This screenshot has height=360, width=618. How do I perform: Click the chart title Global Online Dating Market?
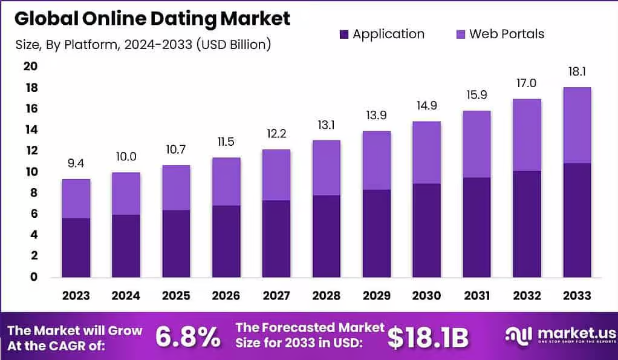click(152, 18)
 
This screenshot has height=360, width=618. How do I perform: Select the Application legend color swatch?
click(344, 34)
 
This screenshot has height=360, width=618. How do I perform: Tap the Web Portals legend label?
click(507, 34)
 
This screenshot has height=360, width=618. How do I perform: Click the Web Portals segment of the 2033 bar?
click(577, 125)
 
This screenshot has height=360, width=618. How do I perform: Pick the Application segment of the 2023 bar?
click(76, 247)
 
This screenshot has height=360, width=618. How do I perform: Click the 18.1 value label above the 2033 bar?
click(577, 72)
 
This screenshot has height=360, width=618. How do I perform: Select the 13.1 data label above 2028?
click(327, 126)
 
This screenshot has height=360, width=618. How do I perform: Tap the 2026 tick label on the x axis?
click(226, 295)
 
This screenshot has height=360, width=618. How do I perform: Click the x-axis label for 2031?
click(477, 295)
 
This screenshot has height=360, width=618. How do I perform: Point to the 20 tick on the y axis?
click(30, 67)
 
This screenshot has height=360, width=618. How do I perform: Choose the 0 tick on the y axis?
click(34, 277)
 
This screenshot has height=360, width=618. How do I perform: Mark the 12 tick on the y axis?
click(30, 151)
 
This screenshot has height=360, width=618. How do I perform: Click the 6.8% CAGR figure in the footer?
click(188, 338)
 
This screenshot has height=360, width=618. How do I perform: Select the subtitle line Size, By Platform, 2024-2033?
click(142, 44)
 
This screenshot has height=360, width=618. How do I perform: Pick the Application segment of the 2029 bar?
click(377, 234)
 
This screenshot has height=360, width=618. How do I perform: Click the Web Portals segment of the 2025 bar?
click(176, 188)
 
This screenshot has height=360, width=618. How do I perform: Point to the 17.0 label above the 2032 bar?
click(527, 83)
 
